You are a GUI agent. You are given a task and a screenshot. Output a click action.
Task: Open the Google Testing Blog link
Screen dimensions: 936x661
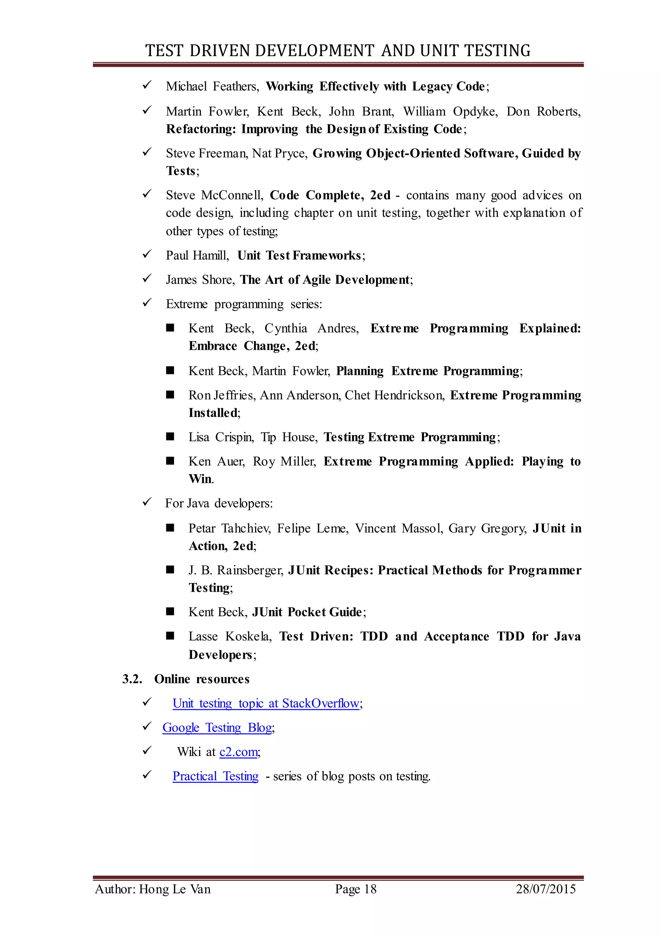217,728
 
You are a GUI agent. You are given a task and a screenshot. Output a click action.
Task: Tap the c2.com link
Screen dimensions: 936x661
239,752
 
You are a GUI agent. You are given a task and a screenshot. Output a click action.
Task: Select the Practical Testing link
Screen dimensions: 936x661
215,776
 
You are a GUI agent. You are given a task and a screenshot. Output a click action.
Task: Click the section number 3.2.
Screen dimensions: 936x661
132,679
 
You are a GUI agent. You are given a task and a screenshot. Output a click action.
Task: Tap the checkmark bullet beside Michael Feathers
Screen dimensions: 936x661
147,85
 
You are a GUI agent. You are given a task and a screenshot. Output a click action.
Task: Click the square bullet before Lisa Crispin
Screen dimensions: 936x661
170,437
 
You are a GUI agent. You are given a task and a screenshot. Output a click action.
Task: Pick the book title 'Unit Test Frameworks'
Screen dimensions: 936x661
299,256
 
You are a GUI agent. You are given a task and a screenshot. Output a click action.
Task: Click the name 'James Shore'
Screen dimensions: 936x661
199,280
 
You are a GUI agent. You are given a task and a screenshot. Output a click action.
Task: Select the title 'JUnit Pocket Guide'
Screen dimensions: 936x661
307,612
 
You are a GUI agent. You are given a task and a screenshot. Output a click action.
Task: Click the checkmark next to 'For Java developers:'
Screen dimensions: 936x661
147,502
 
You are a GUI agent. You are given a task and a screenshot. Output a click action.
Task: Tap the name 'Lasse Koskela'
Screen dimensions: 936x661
229,636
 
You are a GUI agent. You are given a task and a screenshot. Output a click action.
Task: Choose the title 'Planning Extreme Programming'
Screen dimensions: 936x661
428,371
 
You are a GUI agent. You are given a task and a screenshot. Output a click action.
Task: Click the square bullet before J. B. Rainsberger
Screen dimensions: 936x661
170,569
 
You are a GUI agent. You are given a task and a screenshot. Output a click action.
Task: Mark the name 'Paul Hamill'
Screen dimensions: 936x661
197,256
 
